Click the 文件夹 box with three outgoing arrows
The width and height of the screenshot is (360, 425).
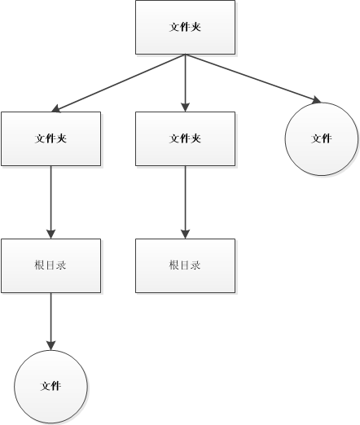(x=185, y=27)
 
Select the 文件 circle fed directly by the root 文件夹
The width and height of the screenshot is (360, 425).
(x=321, y=138)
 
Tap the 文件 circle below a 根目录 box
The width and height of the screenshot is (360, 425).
(x=50, y=386)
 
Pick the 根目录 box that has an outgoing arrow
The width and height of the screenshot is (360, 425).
(x=50, y=265)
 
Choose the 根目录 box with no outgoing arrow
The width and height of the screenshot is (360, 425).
(x=185, y=265)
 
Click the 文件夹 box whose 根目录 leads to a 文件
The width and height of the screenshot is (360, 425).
(x=50, y=138)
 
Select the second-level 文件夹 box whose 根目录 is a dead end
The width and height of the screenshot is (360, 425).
(x=185, y=138)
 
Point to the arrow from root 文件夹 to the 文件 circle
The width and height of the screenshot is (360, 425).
(x=252, y=78)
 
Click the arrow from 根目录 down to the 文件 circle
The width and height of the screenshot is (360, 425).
(x=50, y=319)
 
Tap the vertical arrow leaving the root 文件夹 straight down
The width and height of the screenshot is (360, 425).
(x=185, y=81)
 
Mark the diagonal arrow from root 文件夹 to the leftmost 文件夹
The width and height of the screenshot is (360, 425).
(x=118, y=82)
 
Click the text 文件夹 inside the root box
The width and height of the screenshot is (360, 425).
(x=185, y=27)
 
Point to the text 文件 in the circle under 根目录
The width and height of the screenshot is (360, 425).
(x=50, y=386)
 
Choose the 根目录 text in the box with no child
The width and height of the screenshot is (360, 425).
(x=185, y=265)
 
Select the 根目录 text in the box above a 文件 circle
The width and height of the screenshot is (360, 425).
(x=50, y=265)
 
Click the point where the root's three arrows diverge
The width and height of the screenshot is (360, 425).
(x=185, y=55)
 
